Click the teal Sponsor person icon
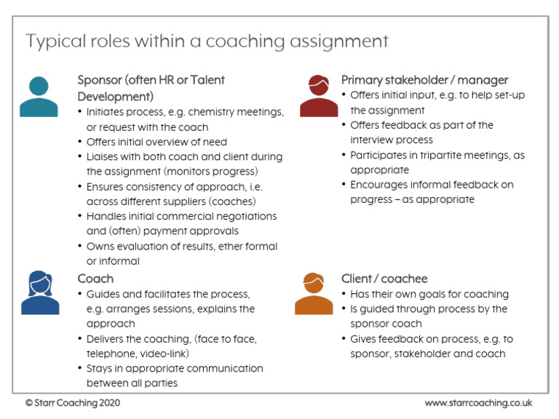[39, 96]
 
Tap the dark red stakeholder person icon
[319, 96]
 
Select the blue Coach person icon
[40, 292]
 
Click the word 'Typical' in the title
[52, 41]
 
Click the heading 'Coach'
[95, 279]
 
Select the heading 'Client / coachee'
[384, 279]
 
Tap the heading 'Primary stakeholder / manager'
[425, 80]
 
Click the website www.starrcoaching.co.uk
[478, 402]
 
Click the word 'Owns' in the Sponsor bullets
[100, 247]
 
